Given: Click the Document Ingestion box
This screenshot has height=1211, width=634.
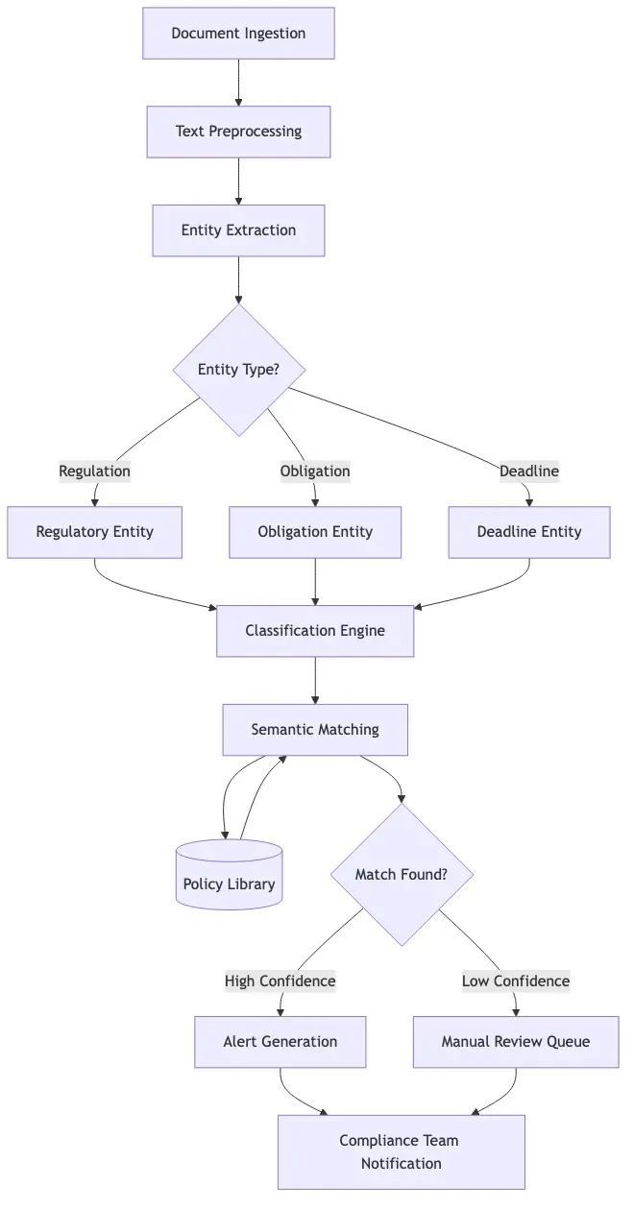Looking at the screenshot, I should point(238,34).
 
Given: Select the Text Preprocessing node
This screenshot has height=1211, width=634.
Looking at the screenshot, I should point(238,132).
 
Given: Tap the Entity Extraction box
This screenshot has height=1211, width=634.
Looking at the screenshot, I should point(238,230).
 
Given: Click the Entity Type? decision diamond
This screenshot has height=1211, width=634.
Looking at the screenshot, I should point(238,370).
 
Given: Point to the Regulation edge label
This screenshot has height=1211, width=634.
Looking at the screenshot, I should point(94,471).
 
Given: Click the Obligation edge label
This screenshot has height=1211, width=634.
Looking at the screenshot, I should point(315,471).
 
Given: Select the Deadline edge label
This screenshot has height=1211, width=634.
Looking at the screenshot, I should point(528,471).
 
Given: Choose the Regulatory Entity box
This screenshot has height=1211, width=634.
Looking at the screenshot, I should point(94,532).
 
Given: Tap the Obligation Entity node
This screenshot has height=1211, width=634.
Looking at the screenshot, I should point(315,532).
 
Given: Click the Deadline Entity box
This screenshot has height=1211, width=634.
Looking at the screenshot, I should point(528,532).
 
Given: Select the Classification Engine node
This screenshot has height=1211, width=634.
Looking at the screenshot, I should point(315,631).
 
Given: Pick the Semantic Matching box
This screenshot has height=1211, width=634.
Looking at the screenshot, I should point(315,730).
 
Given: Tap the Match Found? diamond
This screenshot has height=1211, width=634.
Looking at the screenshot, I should point(401,875).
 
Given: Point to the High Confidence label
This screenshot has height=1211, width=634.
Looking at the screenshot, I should point(280,981).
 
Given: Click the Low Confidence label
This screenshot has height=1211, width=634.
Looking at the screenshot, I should point(516,981).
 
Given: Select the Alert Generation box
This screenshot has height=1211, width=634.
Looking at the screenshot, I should point(280,1042).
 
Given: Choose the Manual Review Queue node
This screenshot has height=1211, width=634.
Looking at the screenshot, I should point(516,1042).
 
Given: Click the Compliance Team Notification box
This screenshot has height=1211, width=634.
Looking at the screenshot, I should point(401,1151).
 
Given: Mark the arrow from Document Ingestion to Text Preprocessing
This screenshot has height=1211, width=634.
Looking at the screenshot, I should point(238,83).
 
